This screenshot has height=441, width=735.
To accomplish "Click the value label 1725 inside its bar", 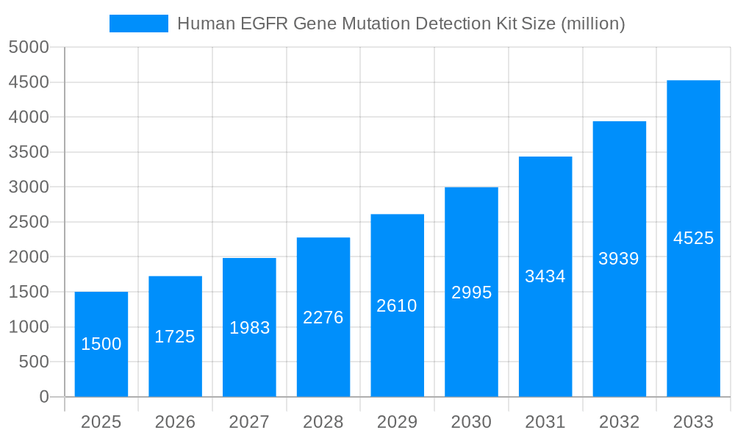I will (x=175, y=337).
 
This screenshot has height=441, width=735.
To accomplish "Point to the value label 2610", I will (x=397, y=306).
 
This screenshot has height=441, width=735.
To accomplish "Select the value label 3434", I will (x=545, y=276).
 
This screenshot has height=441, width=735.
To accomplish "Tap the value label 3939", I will (x=619, y=259).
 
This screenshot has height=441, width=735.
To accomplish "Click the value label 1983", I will (x=250, y=328).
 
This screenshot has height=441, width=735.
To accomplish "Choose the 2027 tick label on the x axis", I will (x=249, y=422).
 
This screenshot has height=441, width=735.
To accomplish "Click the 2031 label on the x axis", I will (x=545, y=422).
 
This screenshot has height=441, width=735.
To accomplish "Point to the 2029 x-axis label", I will (x=397, y=422).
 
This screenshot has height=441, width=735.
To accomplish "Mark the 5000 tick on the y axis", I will (x=29, y=47).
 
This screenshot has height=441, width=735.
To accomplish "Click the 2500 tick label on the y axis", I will (x=29, y=222).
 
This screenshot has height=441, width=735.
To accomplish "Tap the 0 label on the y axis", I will (x=44, y=397).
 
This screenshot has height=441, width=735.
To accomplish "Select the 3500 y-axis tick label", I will (x=29, y=152).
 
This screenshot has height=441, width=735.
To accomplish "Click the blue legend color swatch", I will (x=139, y=24).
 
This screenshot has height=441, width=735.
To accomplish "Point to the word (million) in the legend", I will (x=592, y=24).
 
